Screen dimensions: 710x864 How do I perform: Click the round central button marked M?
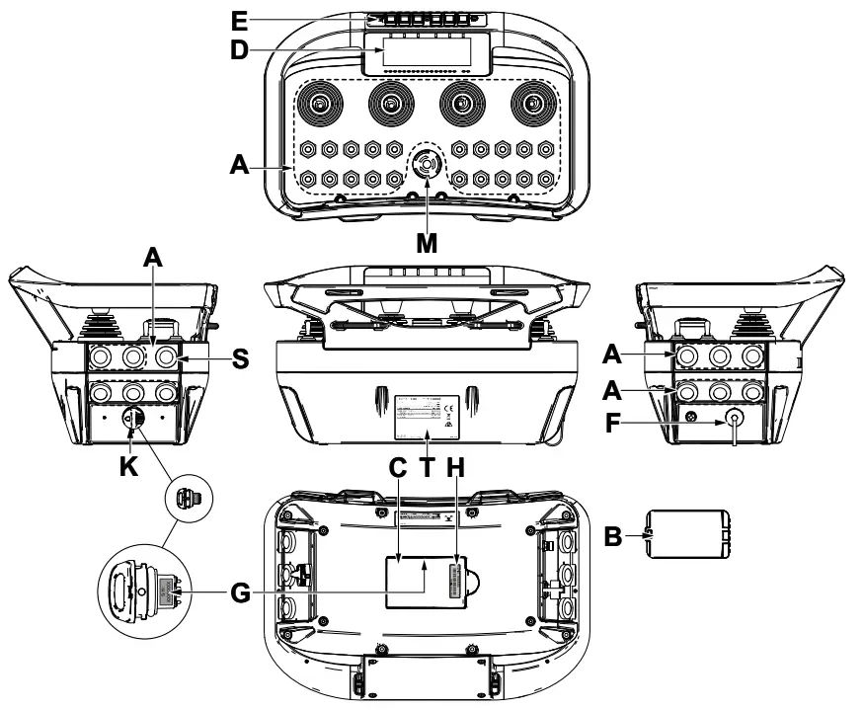[426, 165]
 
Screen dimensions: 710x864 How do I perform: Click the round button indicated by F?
[736, 418]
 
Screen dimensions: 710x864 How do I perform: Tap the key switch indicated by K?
[131, 419]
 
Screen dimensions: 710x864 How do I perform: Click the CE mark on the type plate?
[447, 406]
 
